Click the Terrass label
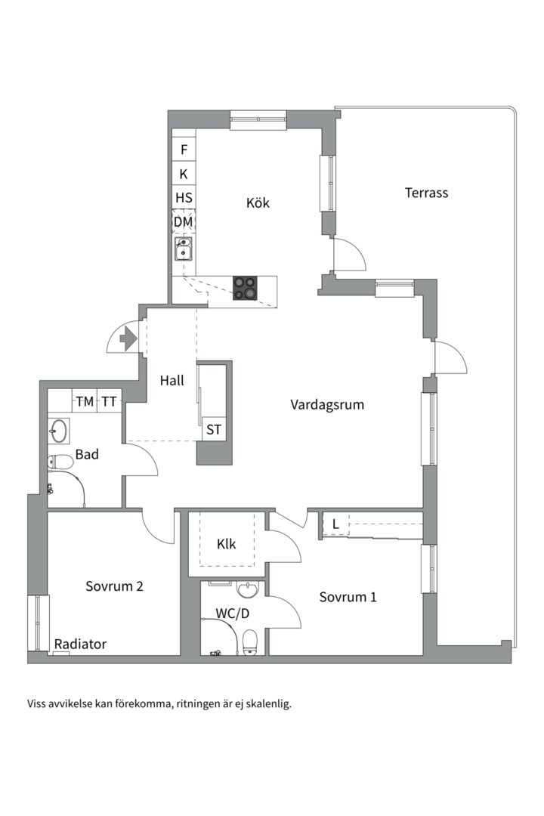coord(426,193)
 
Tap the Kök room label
coord(258,202)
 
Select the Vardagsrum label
coord(327,405)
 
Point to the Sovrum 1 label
coord(348,597)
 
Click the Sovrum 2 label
coord(115,586)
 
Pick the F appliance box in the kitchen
coord(184,150)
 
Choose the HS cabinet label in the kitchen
coord(184,198)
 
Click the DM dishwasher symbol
coord(184,222)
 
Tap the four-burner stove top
coord(245,288)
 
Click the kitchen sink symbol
coord(184,249)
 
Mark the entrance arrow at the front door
coord(128,339)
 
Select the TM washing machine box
coord(85,401)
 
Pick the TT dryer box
coord(110,401)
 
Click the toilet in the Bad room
coord(60,461)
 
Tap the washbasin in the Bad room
coord(59,431)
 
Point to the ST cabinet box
coord(213,429)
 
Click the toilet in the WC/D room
coord(250,642)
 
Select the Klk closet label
coord(227,544)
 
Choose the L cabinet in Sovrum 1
coord(335,524)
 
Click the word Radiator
coord(80,644)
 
